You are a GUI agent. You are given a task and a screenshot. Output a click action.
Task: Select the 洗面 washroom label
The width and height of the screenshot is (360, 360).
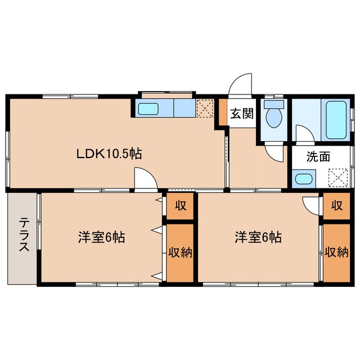click(318, 157)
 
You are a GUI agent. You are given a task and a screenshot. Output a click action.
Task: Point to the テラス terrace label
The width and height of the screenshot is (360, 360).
click(23, 237)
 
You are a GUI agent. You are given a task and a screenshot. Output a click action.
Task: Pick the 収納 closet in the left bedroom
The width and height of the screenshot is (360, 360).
click(180, 252)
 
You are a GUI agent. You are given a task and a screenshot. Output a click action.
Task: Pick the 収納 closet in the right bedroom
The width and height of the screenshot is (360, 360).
click(336, 252)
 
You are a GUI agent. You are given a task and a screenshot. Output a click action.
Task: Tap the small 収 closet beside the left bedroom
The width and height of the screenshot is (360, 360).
click(180, 205)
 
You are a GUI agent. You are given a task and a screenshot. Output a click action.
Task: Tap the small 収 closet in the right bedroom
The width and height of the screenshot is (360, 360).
click(336, 205)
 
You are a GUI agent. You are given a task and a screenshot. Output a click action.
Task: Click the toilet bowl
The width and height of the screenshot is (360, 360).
click(274, 117)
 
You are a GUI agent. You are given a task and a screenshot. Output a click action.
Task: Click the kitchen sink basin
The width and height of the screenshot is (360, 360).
click(150, 109)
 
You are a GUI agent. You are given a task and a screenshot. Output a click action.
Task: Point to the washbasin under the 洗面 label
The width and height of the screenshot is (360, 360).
click(304, 180)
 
